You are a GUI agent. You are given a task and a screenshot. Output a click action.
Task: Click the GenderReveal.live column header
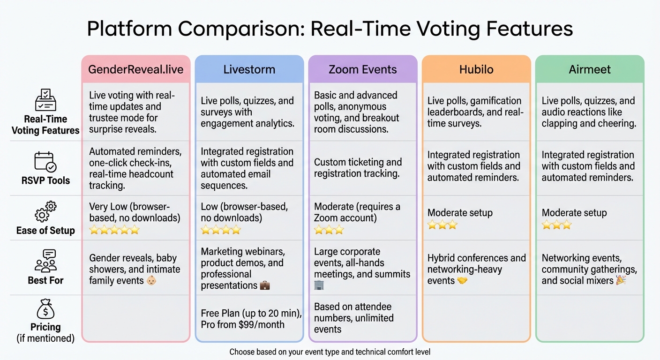[136, 70]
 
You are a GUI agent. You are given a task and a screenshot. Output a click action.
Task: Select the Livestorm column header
[249, 70]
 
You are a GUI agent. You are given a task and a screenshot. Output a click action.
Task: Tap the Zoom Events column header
[362, 70]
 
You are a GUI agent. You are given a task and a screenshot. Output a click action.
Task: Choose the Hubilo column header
[476, 70]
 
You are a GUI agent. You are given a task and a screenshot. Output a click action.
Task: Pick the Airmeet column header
[589, 70]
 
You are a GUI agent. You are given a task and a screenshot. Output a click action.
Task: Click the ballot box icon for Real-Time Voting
[45, 100]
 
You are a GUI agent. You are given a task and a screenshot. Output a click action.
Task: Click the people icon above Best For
[45, 261]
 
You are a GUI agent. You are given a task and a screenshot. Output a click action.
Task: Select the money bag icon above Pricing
[45, 310]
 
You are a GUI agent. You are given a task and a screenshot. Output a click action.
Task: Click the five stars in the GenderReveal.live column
[114, 230]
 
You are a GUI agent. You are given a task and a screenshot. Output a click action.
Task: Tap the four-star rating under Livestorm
[221, 230]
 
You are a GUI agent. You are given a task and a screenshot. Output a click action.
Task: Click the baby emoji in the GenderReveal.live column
[151, 281]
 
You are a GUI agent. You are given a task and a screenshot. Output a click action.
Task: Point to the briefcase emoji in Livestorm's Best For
[265, 285]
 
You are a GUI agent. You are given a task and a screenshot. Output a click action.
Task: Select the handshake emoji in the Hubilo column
[462, 281]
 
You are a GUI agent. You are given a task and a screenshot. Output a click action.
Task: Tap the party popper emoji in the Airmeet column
[621, 281]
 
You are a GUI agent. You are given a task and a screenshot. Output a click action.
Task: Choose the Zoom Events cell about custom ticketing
[358, 168]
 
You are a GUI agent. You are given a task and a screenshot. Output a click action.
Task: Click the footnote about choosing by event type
[330, 352]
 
